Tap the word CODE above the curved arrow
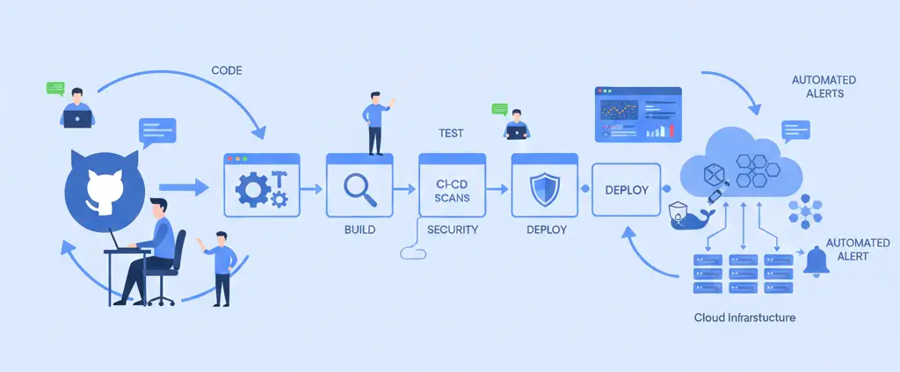(x=228, y=69)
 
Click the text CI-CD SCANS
(x=452, y=191)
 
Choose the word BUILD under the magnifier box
(x=359, y=230)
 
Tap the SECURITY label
(x=452, y=230)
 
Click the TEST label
(x=451, y=134)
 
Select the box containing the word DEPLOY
(x=626, y=189)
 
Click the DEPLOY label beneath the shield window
(x=547, y=230)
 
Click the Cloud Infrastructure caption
(x=744, y=317)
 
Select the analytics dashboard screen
(x=638, y=114)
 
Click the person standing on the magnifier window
(x=376, y=123)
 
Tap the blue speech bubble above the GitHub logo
(x=157, y=131)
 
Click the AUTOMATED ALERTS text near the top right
(x=824, y=86)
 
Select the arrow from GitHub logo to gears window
(x=184, y=186)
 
